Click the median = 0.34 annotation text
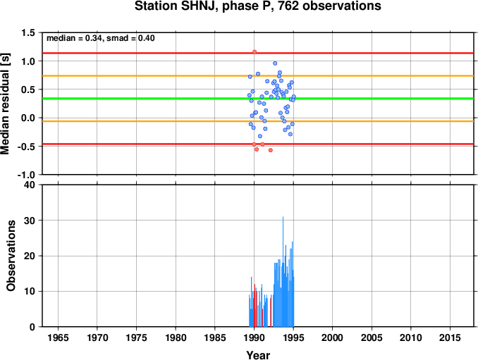(x=74, y=38)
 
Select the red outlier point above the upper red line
(x=255, y=51)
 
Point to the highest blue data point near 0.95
(x=275, y=63)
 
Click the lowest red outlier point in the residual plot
(x=271, y=150)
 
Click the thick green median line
(x=258, y=99)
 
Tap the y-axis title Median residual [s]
(x=5, y=104)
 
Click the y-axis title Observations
(x=11, y=256)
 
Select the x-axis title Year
(x=258, y=355)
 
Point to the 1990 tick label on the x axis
(x=255, y=337)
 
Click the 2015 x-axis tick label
(x=450, y=337)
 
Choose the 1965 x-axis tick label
(x=58, y=337)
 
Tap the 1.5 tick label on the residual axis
(x=28, y=32)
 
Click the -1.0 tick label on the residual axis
(x=26, y=175)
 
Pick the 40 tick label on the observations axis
(x=30, y=185)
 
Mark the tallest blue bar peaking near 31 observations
(x=283, y=272)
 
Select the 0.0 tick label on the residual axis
(x=28, y=118)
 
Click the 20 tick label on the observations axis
(x=30, y=256)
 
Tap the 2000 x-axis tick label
(x=332, y=337)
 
